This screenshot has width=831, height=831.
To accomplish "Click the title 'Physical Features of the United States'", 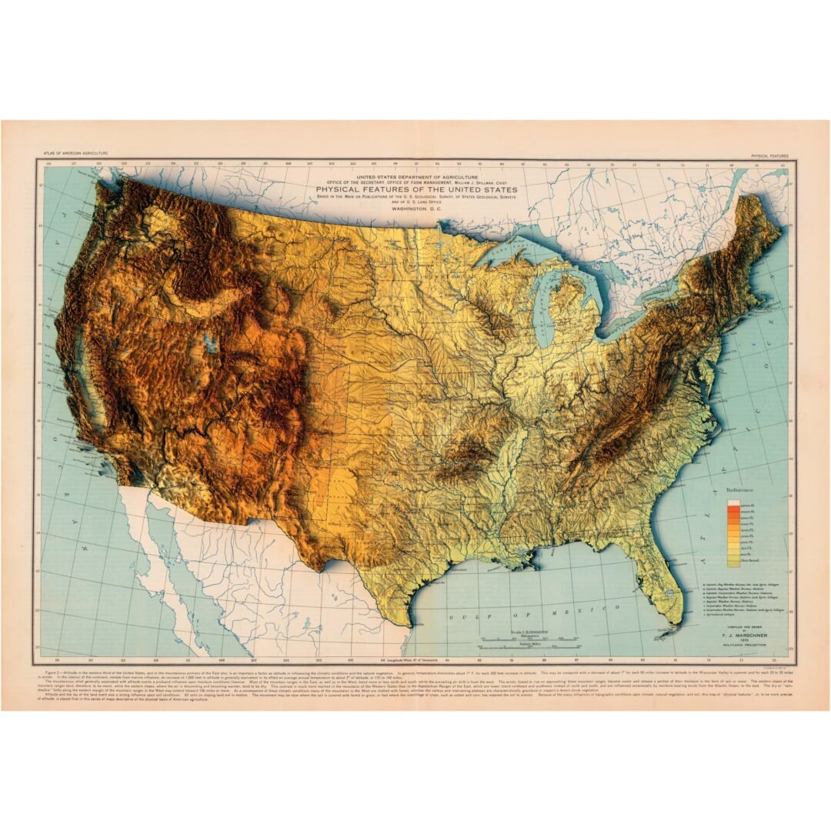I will [416, 189].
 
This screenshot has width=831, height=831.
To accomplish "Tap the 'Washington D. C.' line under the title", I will [416, 209].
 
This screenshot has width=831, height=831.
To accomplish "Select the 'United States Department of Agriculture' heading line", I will [416, 175].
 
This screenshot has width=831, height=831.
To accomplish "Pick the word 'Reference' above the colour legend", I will [740, 489].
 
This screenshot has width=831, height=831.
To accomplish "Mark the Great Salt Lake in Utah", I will [209, 343].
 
